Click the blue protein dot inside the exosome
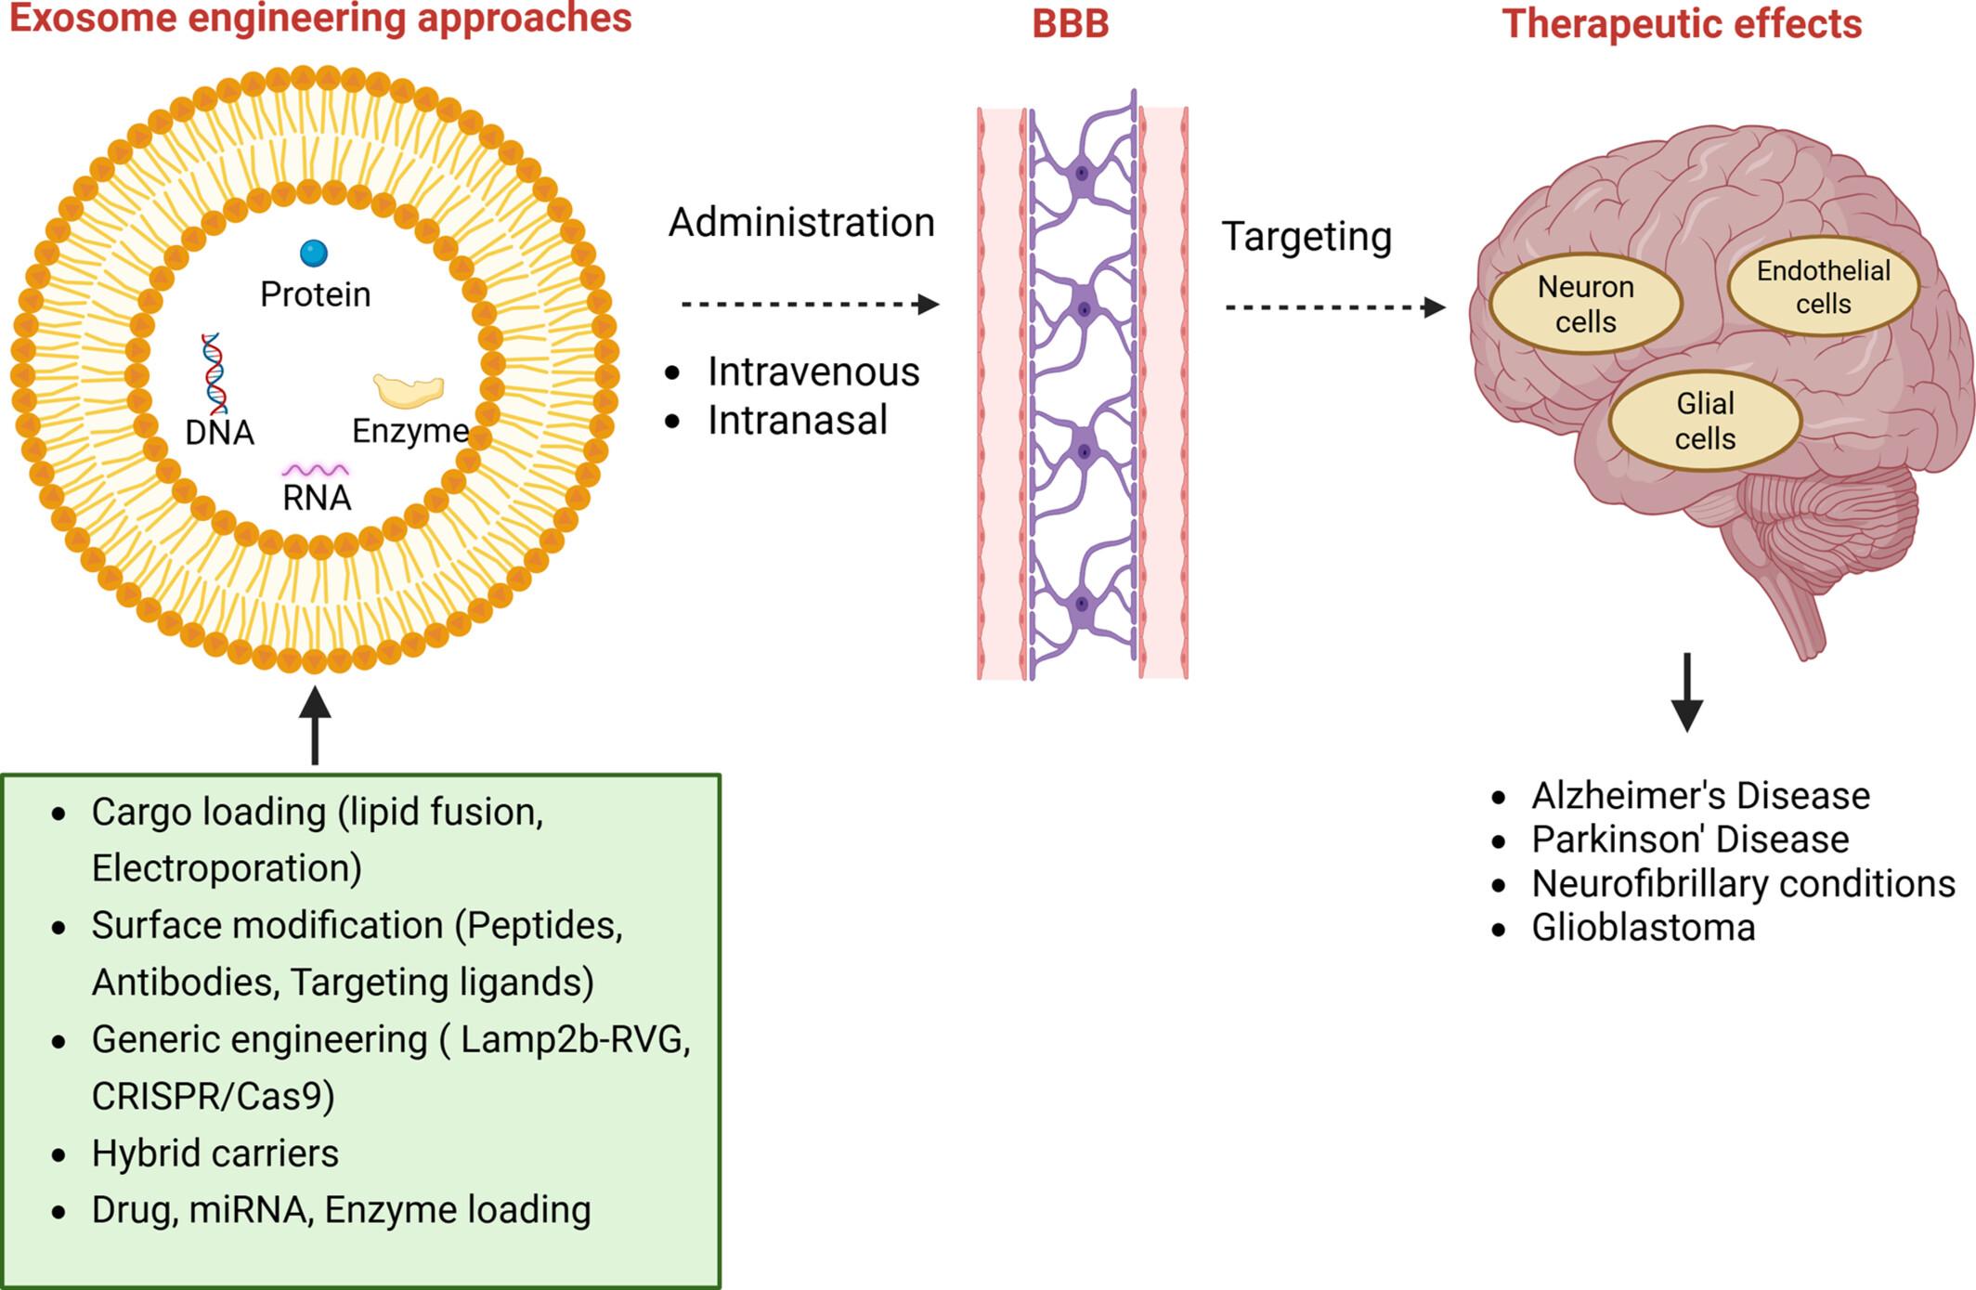tap(314, 253)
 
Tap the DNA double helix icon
tap(214, 373)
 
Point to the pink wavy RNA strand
tap(316, 470)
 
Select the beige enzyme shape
tap(409, 391)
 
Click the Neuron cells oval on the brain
tap(1585, 304)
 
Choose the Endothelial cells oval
tap(1823, 287)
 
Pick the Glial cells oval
tap(1705, 421)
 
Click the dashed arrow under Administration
tap(809, 304)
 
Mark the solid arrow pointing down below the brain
tap(1686, 692)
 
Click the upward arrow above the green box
tap(315, 725)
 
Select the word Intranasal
tap(798, 420)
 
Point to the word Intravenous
tap(813, 371)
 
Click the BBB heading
tap(1071, 24)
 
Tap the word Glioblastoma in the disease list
tap(1643, 928)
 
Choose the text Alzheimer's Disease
tap(1700, 796)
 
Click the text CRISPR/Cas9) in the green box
tap(213, 1096)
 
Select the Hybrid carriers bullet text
tap(214, 1153)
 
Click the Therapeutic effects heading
tap(1682, 24)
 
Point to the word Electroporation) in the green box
tap(227, 868)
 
